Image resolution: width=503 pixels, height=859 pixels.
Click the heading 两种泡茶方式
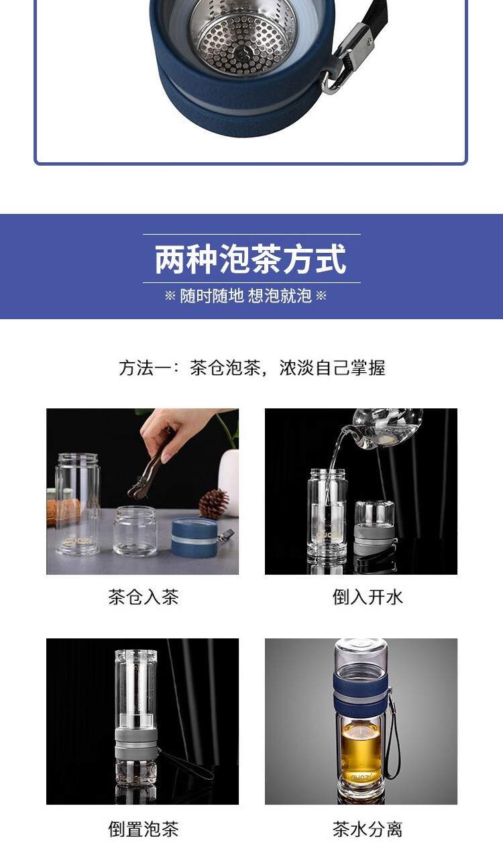coord(251,260)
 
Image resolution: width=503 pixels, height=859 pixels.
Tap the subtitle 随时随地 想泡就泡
coord(245,296)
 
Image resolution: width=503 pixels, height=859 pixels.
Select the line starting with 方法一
coord(251,367)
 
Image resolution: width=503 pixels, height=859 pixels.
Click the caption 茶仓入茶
coord(143,597)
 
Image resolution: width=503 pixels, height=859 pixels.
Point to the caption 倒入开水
coord(367,597)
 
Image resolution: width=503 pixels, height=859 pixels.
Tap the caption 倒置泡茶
coord(143,829)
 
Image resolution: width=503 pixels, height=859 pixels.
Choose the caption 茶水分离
coord(367,829)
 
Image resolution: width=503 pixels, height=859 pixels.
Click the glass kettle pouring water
coord(384,428)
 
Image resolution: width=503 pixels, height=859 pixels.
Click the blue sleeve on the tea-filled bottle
coord(361,693)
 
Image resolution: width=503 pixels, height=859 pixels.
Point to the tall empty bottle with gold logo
coord(78,504)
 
